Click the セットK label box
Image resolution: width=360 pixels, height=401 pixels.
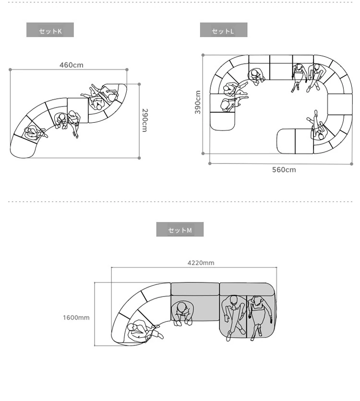(50, 30)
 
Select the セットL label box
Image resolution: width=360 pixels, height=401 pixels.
(224, 30)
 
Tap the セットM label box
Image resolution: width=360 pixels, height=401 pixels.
(180, 229)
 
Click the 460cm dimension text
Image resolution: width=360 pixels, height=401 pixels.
(72, 65)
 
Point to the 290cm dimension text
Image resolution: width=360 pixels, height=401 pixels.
(145, 120)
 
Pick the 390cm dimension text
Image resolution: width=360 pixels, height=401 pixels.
(198, 102)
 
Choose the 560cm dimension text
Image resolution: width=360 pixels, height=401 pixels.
(284, 170)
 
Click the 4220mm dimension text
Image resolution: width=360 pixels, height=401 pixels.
(201, 263)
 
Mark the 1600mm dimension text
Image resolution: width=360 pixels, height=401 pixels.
(76, 318)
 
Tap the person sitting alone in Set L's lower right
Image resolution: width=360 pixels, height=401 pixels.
(317, 127)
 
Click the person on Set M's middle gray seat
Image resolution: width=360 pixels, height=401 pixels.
(181, 313)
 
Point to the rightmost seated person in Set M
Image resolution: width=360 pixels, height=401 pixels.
(259, 317)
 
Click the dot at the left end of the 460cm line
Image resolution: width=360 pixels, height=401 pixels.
(10, 70)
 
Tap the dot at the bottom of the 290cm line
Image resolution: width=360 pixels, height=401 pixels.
(139, 158)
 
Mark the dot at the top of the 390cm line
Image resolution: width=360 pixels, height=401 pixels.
(203, 55)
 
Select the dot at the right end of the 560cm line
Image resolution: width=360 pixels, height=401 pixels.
(351, 164)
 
